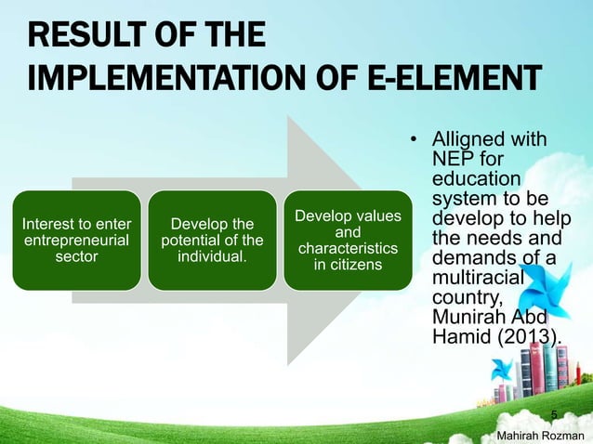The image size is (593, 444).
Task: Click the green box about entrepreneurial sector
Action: [x=77, y=240]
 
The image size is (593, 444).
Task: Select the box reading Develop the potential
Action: [x=212, y=240]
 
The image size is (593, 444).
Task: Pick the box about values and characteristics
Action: [x=347, y=240]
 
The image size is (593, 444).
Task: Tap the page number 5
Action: [x=554, y=413]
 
